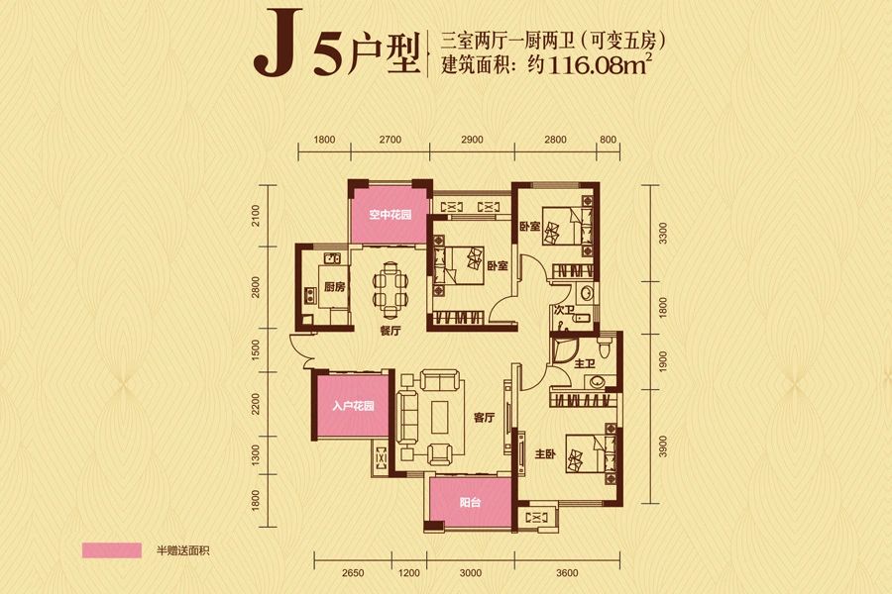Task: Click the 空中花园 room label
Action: (x=390, y=215)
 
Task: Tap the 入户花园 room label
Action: (x=352, y=407)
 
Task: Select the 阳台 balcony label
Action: (x=470, y=504)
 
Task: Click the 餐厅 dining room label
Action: (x=389, y=333)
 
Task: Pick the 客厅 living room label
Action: (x=484, y=418)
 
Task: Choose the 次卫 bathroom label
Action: (x=565, y=311)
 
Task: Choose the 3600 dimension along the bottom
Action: (x=567, y=571)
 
